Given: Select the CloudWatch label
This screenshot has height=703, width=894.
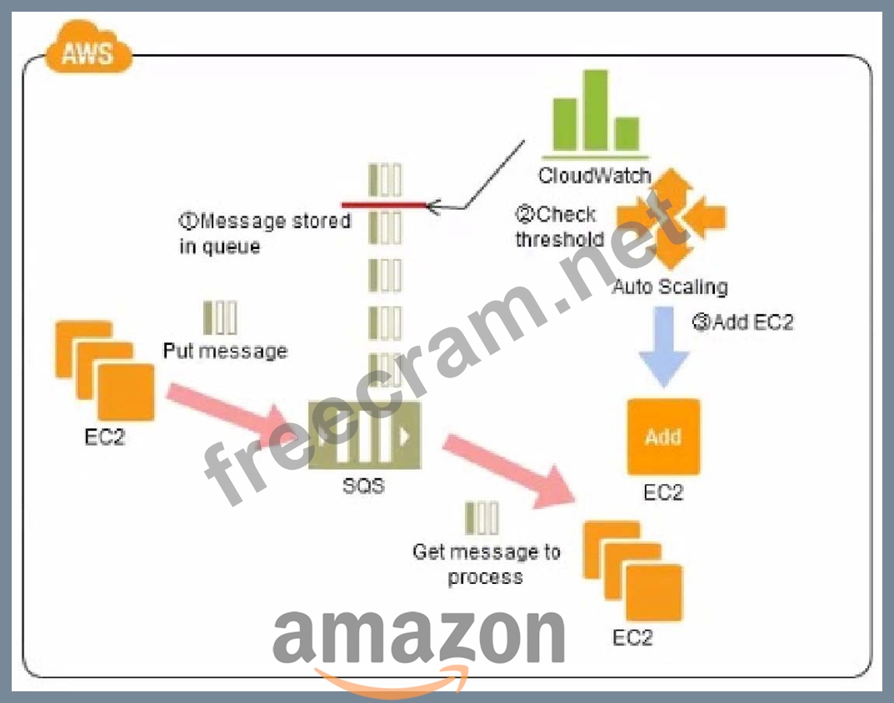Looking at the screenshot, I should [x=593, y=176].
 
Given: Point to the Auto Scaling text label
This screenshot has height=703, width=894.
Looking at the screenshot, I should [x=670, y=287].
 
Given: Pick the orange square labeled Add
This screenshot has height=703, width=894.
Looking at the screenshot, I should [x=663, y=436].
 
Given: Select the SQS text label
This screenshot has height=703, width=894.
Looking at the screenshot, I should [x=364, y=485].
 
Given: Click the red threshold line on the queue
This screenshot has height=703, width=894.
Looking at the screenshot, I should [x=384, y=204].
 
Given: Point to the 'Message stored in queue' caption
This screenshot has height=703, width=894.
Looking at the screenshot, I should [x=265, y=233].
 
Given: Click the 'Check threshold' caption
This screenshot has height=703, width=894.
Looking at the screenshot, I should [x=558, y=227].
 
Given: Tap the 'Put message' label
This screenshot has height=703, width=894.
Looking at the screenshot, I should [x=225, y=351].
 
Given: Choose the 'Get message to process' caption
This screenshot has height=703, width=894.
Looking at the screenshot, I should [x=486, y=564].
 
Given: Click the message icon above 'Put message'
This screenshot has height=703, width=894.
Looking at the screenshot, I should [x=220, y=317].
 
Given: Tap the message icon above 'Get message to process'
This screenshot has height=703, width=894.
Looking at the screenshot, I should [x=482, y=518].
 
